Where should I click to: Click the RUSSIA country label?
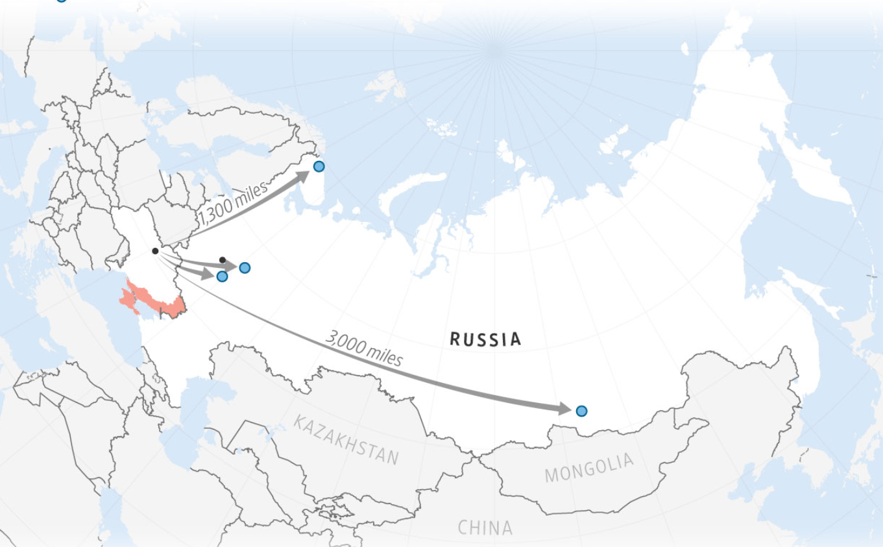[x=485, y=339]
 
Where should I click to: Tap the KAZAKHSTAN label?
[x=346, y=441]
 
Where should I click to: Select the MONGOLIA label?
[x=588, y=468]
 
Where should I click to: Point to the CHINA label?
[x=485, y=528]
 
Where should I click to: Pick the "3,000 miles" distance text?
[x=364, y=348]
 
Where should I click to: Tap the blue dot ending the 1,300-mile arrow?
[x=319, y=166]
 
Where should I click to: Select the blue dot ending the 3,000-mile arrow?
[x=581, y=411]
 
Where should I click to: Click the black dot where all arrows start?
[x=155, y=251]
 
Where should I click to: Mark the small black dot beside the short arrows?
[x=223, y=260]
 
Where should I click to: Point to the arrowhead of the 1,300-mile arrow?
[x=303, y=174]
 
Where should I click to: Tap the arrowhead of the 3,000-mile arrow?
[x=564, y=409]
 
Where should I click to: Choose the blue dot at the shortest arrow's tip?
[x=222, y=276]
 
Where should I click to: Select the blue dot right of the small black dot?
[x=245, y=267]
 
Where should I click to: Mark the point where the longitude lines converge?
[x=496, y=49]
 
